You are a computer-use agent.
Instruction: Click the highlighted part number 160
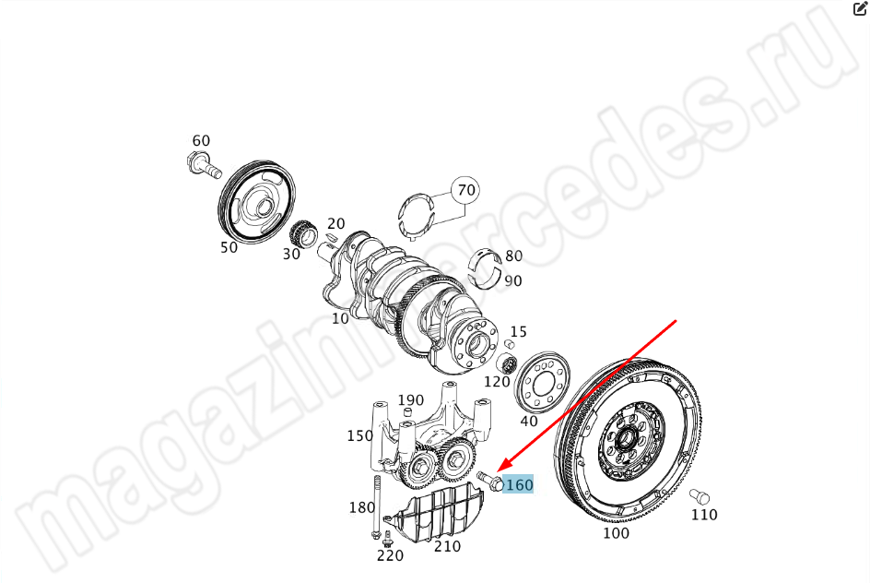click(x=519, y=484)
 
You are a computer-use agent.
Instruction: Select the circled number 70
click(x=466, y=190)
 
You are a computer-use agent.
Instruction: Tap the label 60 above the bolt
click(x=201, y=140)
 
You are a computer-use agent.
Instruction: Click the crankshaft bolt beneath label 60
click(x=204, y=165)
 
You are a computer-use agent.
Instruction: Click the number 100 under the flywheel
click(x=616, y=533)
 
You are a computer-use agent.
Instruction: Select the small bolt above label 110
click(x=700, y=496)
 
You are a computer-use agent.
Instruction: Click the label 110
click(x=704, y=515)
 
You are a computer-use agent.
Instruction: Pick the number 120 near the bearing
click(x=497, y=382)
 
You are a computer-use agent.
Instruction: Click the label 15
click(x=518, y=332)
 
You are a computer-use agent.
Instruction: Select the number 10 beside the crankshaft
click(x=340, y=318)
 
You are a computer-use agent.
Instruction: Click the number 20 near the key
click(x=335, y=223)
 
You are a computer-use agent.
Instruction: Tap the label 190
click(x=411, y=399)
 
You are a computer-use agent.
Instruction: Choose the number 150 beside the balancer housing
click(x=359, y=435)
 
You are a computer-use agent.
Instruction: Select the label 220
click(x=390, y=555)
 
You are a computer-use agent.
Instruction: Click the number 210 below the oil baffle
click(x=447, y=546)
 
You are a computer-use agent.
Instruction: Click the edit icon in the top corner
click(x=860, y=8)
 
